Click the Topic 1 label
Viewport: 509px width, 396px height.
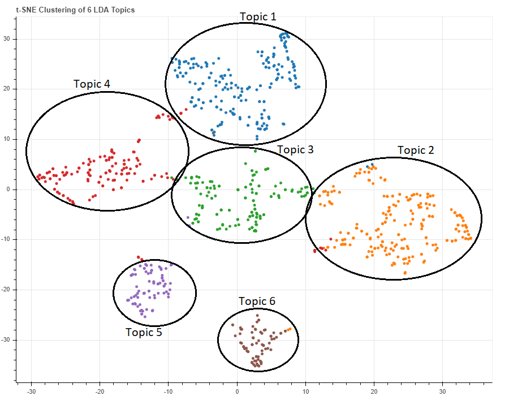(x=258, y=16)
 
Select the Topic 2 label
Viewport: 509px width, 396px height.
(x=416, y=150)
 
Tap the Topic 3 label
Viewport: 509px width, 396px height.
(x=295, y=150)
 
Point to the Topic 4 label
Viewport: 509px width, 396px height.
(x=92, y=84)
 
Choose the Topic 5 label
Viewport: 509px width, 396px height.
(x=144, y=332)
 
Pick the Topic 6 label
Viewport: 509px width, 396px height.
(x=257, y=301)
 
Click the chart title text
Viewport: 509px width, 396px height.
(x=75, y=10)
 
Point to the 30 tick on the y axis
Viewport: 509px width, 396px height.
(x=8, y=39)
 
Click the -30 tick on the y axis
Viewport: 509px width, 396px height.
(x=7, y=340)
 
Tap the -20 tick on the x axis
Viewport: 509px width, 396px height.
(x=100, y=390)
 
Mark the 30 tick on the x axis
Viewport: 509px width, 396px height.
(x=443, y=390)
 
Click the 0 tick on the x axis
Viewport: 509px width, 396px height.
(x=238, y=390)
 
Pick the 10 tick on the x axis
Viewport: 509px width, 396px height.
(x=306, y=390)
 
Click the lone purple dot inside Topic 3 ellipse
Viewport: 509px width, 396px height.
(x=188, y=217)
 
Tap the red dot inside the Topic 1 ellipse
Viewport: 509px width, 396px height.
(x=181, y=113)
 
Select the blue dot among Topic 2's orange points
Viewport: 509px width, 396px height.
(x=372, y=165)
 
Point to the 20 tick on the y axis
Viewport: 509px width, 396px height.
(x=8, y=89)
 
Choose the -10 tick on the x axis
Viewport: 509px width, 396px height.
(x=169, y=390)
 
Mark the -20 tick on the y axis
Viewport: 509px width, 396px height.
(x=7, y=290)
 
